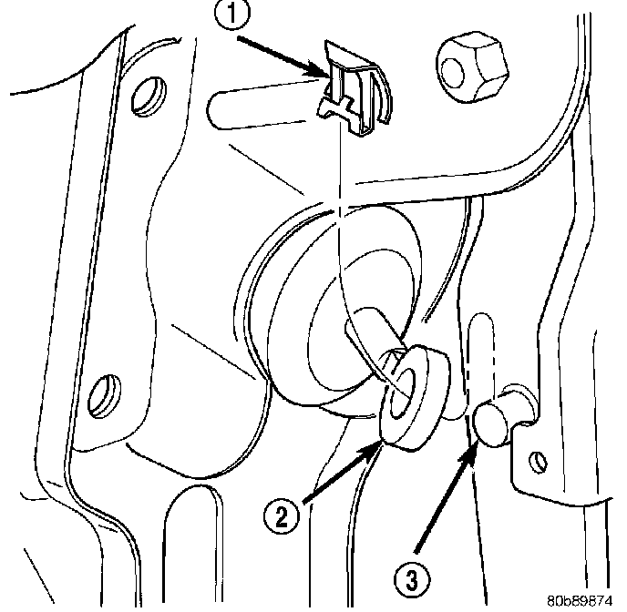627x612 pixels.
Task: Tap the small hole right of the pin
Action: point(540,463)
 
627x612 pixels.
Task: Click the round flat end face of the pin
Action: point(491,423)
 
